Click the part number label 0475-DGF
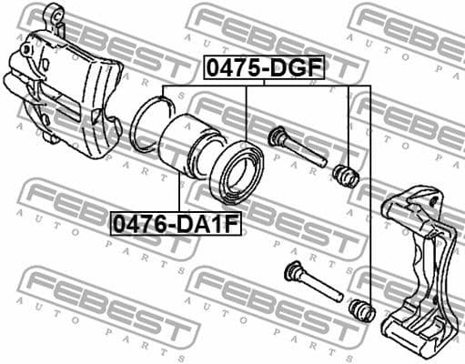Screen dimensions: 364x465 [x=263, y=66]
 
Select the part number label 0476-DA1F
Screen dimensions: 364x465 [x=176, y=221]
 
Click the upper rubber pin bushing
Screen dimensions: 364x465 [x=346, y=173]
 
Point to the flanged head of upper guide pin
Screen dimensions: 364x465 [x=278, y=137]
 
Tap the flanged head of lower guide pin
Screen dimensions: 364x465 [x=293, y=269]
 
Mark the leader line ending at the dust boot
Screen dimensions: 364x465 [x=246, y=114]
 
